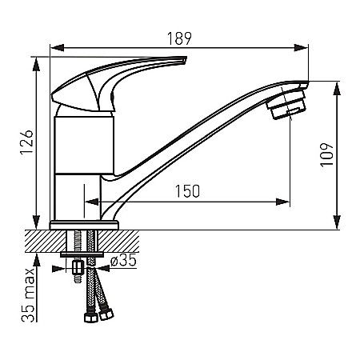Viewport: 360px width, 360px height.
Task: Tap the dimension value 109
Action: pyautogui.click(x=324, y=154)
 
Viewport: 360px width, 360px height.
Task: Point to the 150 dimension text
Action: pyautogui.click(x=187, y=191)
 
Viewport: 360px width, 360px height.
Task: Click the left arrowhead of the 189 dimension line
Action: pyautogui.click(x=54, y=46)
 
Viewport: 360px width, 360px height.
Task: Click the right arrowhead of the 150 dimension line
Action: pyautogui.click(x=286, y=199)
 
